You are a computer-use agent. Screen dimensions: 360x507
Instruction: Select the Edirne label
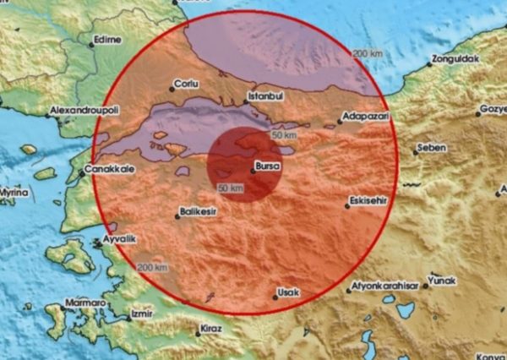pyautogui.click(x=108, y=39)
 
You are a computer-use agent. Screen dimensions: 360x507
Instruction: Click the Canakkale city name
pyautogui.click(x=107, y=169)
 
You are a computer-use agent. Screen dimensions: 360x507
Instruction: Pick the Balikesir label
pyautogui.click(x=201, y=211)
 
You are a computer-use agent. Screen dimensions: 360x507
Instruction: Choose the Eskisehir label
pyautogui.click(x=368, y=202)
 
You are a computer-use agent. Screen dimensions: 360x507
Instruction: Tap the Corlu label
pyautogui.click(x=185, y=85)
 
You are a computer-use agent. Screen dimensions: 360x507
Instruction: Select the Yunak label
pyautogui.click(x=443, y=281)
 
